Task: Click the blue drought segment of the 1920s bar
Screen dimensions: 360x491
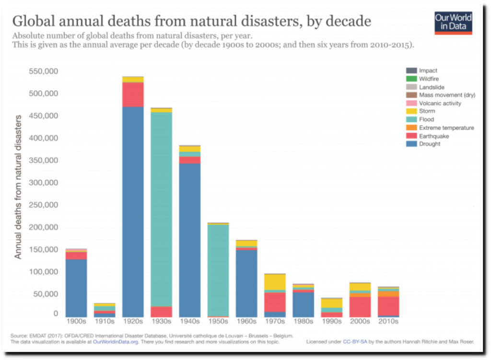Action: [133, 211]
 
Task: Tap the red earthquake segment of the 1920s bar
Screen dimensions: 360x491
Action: [133, 94]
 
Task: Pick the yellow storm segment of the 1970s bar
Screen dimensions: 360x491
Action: [275, 282]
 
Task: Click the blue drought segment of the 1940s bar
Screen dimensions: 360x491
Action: [189, 240]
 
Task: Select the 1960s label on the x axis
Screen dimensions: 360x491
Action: [246, 322]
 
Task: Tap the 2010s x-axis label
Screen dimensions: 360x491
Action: [388, 322]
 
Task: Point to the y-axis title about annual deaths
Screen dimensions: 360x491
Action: [18, 187]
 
